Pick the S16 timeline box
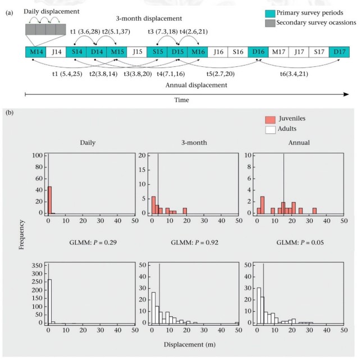237,52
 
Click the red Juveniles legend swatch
271,119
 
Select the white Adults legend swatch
271,129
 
